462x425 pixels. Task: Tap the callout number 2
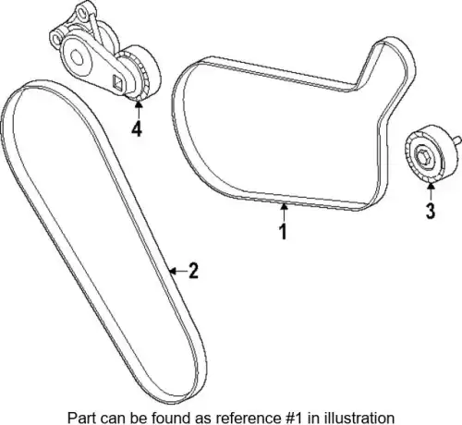click(x=193, y=271)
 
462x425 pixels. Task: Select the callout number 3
click(x=431, y=211)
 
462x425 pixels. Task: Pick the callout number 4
click(x=137, y=128)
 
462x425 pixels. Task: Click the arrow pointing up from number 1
click(x=284, y=212)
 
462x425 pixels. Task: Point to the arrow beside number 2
click(x=177, y=271)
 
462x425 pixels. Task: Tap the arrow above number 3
click(x=431, y=191)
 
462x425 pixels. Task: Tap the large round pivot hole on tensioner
click(x=77, y=57)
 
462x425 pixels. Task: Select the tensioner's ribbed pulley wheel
click(x=142, y=73)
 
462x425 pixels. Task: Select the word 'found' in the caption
click(x=166, y=418)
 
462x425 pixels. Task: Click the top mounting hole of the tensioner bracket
click(x=81, y=13)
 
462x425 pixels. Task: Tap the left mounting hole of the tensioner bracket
click(x=56, y=39)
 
